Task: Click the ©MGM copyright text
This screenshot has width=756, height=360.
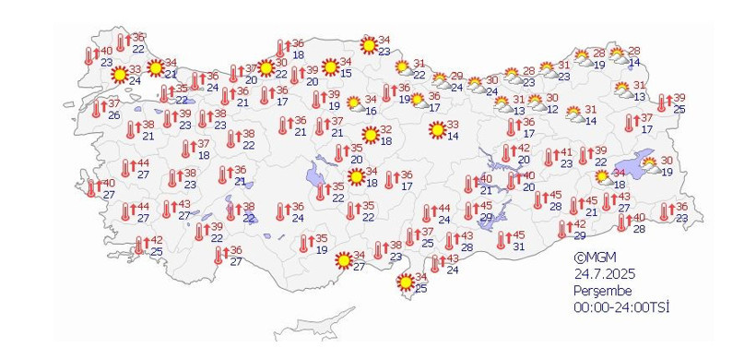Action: tap(593, 258)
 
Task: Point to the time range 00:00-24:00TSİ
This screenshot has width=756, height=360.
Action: tap(621, 306)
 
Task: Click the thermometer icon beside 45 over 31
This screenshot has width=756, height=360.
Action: tap(502, 240)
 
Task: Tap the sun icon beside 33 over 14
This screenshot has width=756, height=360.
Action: tap(437, 130)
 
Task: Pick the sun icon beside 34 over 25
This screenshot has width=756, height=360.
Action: tap(404, 282)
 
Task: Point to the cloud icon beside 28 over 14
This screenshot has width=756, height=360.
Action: tap(619, 55)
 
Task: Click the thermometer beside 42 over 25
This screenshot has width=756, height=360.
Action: tap(140, 245)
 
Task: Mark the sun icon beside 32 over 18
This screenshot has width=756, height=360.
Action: tap(371, 135)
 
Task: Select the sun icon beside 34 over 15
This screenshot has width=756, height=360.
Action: tap(329, 66)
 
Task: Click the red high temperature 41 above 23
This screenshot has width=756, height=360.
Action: tap(567, 153)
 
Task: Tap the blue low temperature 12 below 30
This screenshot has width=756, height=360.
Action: tap(551, 109)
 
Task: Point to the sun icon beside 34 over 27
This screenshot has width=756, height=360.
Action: tap(343, 260)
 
